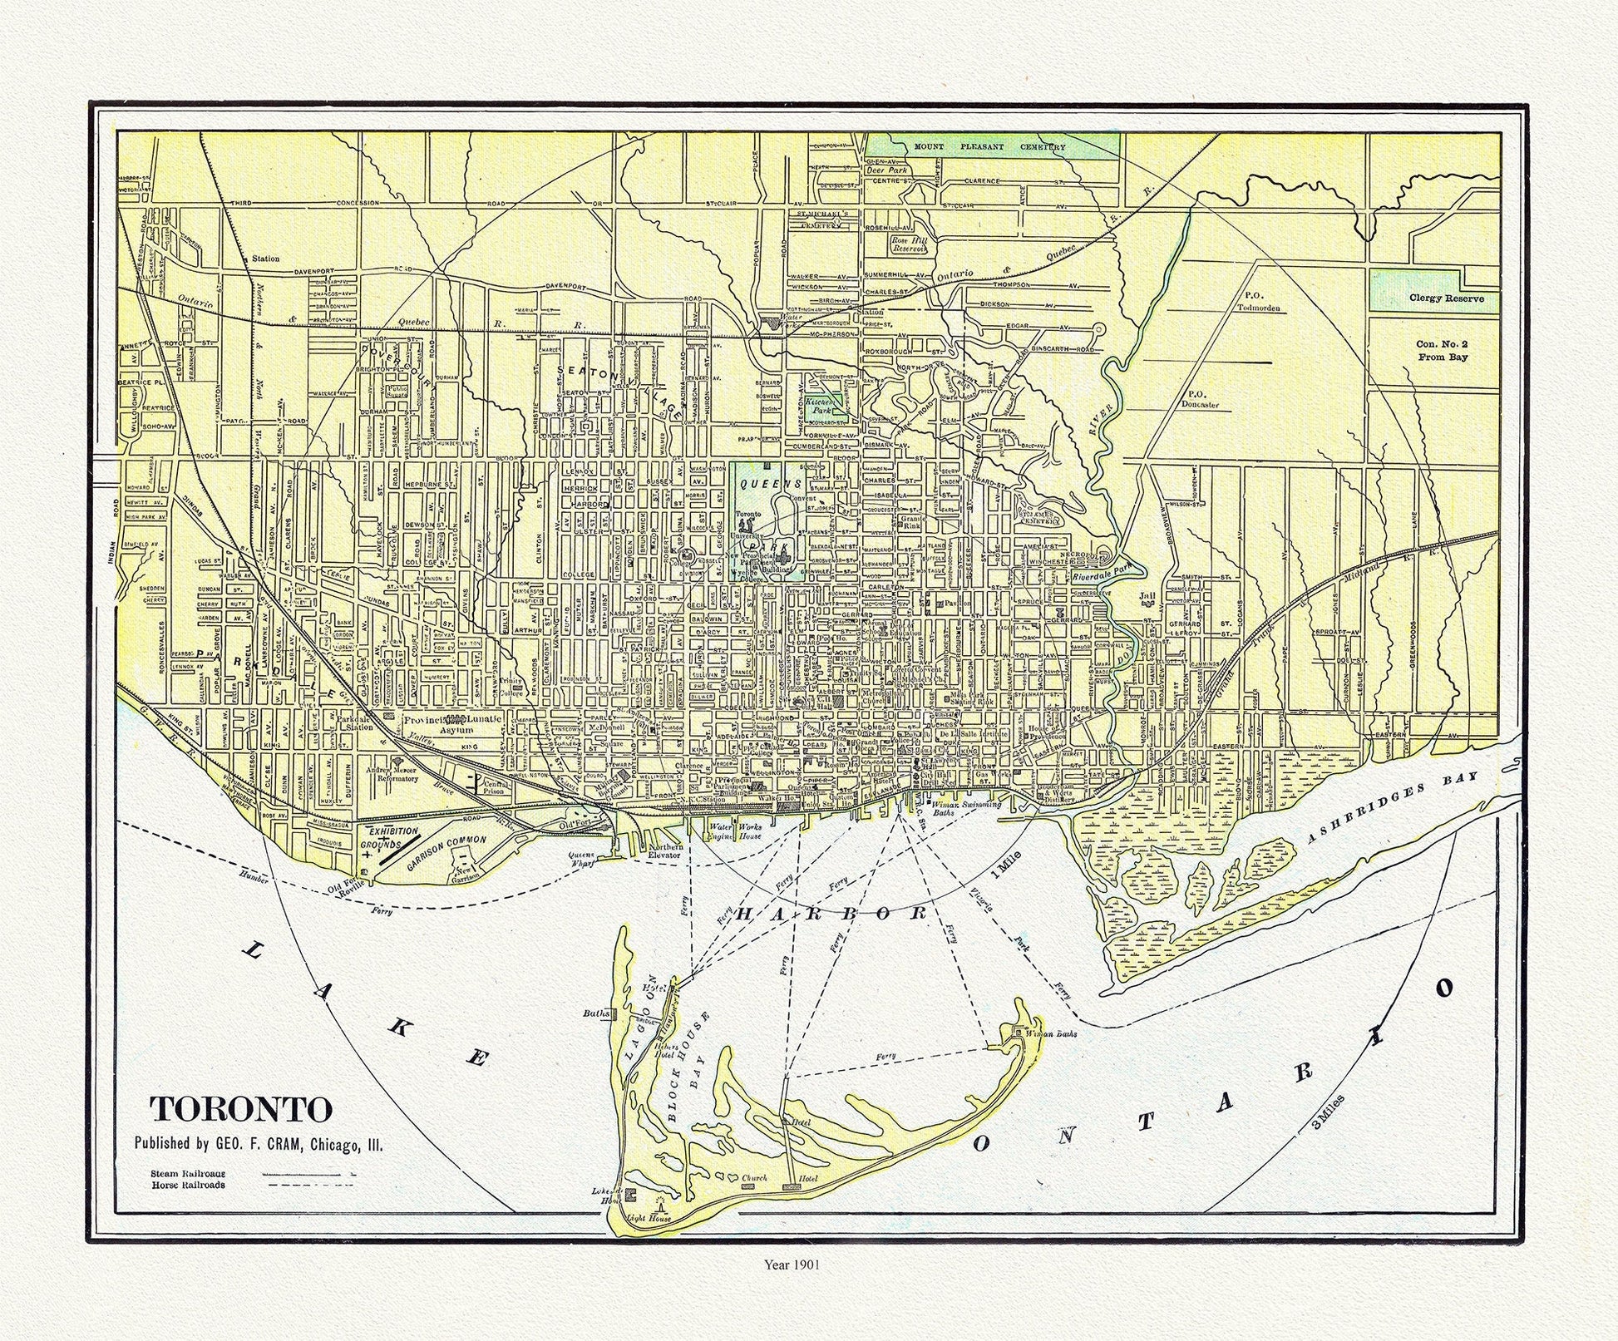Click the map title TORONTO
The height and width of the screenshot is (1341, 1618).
[x=240, y=1108]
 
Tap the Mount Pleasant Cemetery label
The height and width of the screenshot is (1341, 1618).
[x=989, y=147]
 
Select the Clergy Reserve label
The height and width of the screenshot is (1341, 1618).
[x=1446, y=298]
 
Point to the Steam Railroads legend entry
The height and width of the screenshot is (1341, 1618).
[x=188, y=1173]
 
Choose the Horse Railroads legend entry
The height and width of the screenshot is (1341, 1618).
[x=188, y=1185]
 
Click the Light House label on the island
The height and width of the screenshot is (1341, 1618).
[x=648, y=1218]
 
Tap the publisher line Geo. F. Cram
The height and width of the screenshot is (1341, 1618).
[x=259, y=1143]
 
